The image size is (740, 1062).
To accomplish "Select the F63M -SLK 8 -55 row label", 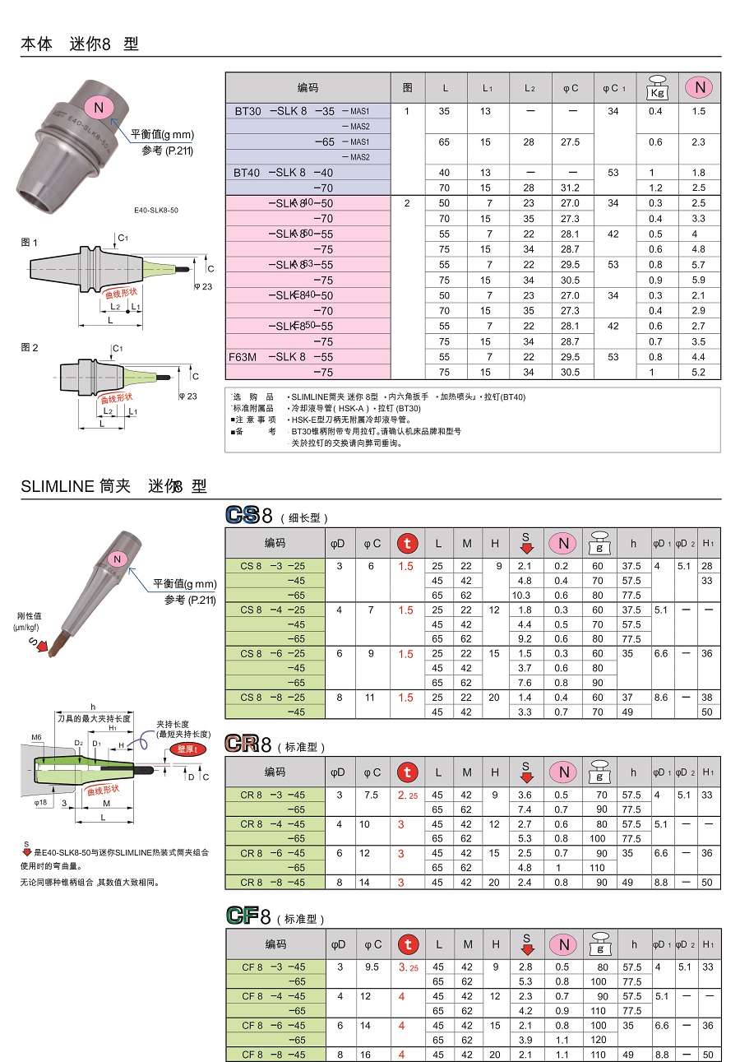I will [x=283, y=357].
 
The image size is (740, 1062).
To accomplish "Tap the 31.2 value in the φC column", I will [x=570, y=188].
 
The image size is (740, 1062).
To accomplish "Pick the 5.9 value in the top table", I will [x=699, y=280].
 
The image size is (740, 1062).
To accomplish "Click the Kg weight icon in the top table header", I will [x=657, y=87].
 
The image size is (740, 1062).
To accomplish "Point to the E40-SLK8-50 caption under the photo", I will [x=156, y=210].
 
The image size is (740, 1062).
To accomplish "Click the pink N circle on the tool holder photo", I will [x=99, y=107].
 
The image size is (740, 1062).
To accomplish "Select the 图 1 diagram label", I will [x=30, y=242].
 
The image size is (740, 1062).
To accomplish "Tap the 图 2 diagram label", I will [x=30, y=347].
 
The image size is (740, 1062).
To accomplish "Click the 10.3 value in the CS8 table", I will [x=521, y=595].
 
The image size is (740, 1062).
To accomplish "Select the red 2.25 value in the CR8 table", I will [x=407, y=795].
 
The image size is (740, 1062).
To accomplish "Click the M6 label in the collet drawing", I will [x=37, y=737].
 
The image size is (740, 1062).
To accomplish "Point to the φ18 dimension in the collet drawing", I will [x=42, y=801].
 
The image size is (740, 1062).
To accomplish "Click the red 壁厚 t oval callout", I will [x=187, y=749].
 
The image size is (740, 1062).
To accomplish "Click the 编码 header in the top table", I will [x=308, y=87].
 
